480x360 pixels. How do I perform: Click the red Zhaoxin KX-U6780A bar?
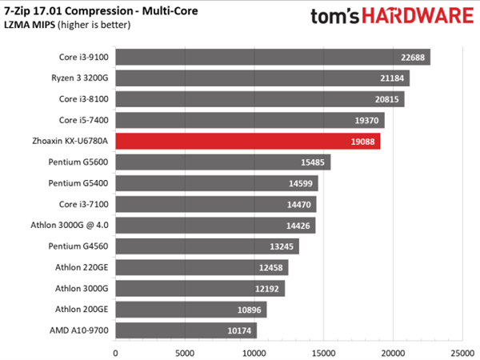[x=248, y=142]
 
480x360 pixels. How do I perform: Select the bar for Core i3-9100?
[x=273, y=57]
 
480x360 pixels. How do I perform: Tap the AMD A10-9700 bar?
[x=186, y=330]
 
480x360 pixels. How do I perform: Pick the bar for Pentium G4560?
[x=207, y=246]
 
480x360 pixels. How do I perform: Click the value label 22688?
[x=411, y=57]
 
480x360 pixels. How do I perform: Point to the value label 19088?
[x=361, y=142]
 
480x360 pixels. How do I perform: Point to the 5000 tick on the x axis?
[x=185, y=350]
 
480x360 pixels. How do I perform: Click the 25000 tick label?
[x=462, y=350]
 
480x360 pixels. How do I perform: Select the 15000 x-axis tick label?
[x=323, y=350]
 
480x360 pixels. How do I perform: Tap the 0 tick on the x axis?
[x=116, y=350]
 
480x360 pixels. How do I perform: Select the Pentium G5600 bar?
[x=223, y=162]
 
